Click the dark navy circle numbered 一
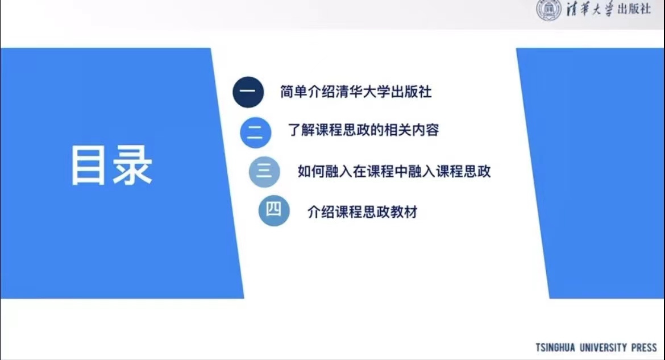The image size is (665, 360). coord(248,92)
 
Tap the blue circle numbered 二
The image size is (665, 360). coord(255,133)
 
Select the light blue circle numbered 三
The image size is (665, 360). coord(264,172)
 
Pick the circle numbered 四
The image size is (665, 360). coord(274,210)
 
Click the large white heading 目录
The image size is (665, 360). coord(111,165)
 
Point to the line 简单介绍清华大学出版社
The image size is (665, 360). coord(356,92)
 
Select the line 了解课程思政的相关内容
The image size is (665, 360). coord(363,130)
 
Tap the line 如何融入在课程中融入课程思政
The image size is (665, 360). coord(394,171)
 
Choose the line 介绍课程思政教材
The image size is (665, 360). coord(363,212)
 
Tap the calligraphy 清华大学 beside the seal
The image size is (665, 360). coord(591,9)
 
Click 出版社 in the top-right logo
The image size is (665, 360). coord(634,9)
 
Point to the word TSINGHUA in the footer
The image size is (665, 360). coord(555,347)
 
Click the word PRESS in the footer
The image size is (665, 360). coord(644,347)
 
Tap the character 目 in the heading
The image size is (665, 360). coord(88,165)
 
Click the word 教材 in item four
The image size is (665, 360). coord(404,212)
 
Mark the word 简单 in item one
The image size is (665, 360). coord(293,92)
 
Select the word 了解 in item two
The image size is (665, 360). coord(301,130)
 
